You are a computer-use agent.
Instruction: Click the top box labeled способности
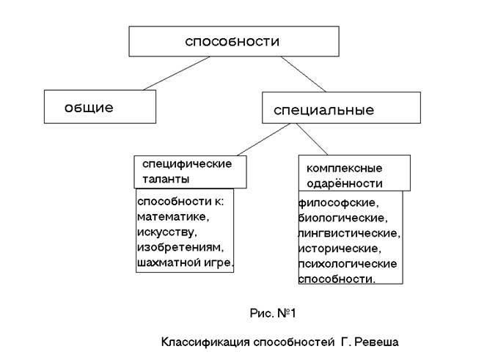[232, 41]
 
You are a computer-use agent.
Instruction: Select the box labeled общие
[100, 107]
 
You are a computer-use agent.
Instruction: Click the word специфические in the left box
[187, 164]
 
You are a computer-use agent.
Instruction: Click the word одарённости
[345, 184]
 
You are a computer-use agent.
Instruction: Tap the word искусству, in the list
[167, 232]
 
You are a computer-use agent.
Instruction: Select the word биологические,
[343, 218]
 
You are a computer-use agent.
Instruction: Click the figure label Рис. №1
[271, 314]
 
